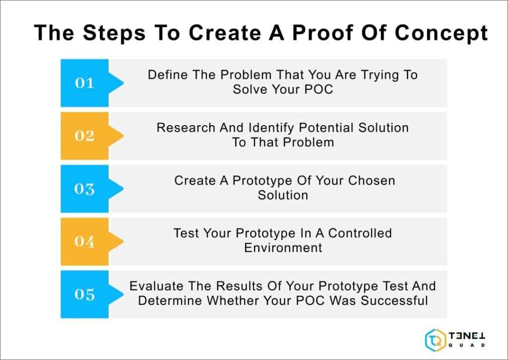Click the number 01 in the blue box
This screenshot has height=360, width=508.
point(84,83)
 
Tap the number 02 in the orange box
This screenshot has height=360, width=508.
point(84,136)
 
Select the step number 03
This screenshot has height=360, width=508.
point(84,189)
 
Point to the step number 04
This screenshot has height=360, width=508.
point(84,241)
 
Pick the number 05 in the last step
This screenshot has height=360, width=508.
point(84,294)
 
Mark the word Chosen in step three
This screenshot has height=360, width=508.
point(372,180)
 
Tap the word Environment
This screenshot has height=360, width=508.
point(283,247)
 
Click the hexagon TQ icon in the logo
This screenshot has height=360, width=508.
point(435,340)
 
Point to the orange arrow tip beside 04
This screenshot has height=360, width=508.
point(117,241)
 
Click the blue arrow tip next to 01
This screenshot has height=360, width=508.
point(117,83)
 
